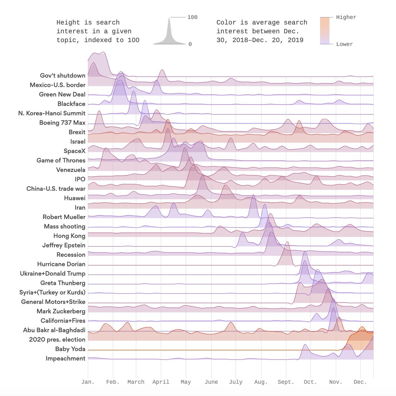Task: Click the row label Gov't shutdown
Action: pyautogui.click(x=63, y=75)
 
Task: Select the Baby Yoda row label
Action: pyautogui.click(x=70, y=349)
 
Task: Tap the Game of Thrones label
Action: pyautogui.click(x=61, y=160)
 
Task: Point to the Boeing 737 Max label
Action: pyautogui.click(x=62, y=123)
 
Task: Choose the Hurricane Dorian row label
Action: pyautogui.click(x=61, y=264)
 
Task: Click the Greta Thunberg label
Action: pyautogui.click(x=63, y=283)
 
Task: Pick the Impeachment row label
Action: pyautogui.click(x=65, y=358)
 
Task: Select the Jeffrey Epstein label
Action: pyautogui.click(x=64, y=245)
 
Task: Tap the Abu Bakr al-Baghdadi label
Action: pyautogui.click(x=54, y=330)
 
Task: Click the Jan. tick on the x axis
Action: pyautogui.click(x=88, y=382)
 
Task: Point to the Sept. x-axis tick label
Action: pyautogui.click(x=286, y=382)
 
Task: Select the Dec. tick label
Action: pyautogui.click(x=360, y=382)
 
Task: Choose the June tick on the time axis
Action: pyautogui.click(x=211, y=382)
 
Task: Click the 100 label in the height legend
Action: pyautogui.click(x=192, y=17)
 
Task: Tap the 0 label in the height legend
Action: pyautogui.click(x=190, y=44)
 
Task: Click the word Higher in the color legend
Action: pyautogui.click(x=346, y=17)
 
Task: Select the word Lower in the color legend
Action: pyautogui.click(x=345, y=44)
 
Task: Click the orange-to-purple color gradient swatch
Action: pyautogui.click(x=325, y=30)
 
